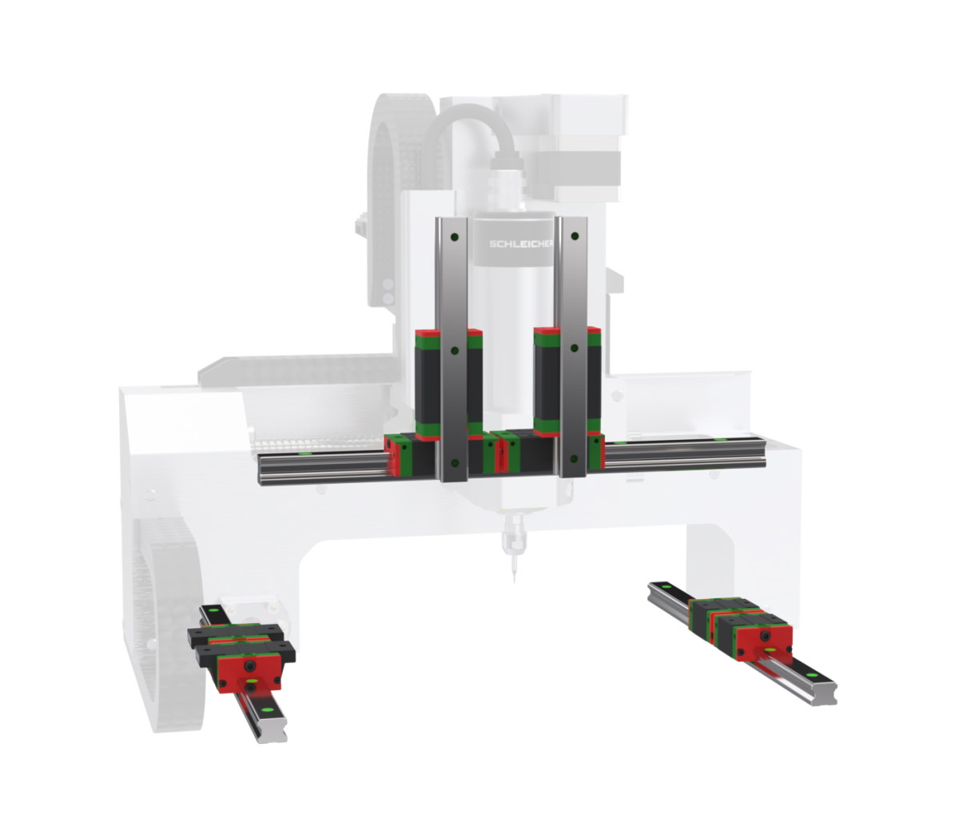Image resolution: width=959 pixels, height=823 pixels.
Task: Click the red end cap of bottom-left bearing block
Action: point(250,670)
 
